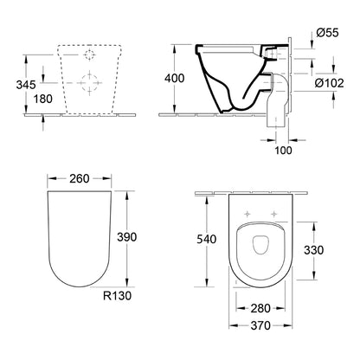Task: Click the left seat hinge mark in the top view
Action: coord(248,215)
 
